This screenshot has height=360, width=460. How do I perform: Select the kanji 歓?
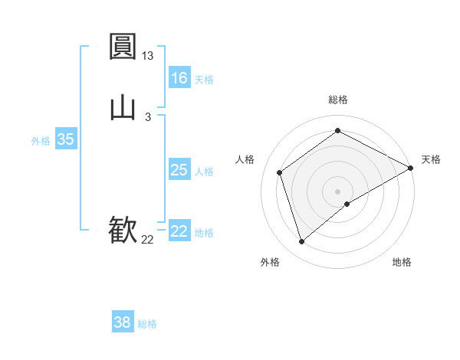(123, 229)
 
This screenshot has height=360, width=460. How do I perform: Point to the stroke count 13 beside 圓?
(148, 56)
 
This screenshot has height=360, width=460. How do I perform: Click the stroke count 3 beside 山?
(148, 116)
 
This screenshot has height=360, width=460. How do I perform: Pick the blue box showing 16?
(179, 78)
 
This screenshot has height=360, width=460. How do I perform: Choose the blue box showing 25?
(179, 170)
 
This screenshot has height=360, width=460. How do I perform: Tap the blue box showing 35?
(66, 139)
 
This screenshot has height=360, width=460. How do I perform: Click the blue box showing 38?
(123, 322)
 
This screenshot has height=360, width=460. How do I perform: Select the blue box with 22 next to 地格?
(179, 231)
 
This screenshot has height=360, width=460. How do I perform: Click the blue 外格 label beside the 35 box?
(41, 141)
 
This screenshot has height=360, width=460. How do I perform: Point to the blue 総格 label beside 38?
(147, 324)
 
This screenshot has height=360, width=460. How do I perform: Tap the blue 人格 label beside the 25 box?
(204, 172)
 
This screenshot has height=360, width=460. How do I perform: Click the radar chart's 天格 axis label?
(431, 159)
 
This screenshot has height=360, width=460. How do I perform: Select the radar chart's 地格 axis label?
(402, 262)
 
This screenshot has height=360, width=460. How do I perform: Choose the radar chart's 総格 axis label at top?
(338, 100)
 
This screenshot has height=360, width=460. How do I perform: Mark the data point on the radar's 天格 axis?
(411, 168)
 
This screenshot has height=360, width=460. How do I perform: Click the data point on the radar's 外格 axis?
(301, 242)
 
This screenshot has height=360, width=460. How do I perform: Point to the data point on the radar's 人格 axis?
(280, 172)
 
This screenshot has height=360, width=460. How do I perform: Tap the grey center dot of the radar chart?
(338, 191)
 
